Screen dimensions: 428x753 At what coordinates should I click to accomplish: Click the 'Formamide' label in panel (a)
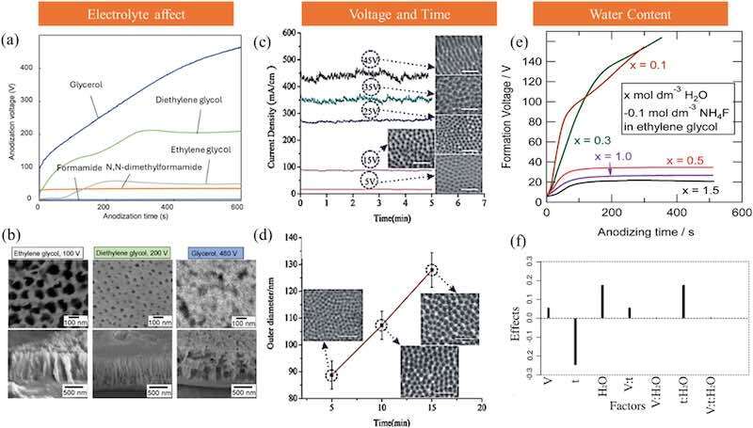coord(76,169)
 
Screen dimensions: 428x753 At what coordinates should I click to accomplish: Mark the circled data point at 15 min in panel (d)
coord(431,271)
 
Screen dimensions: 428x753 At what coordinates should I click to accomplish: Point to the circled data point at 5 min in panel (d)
coord(331,375)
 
